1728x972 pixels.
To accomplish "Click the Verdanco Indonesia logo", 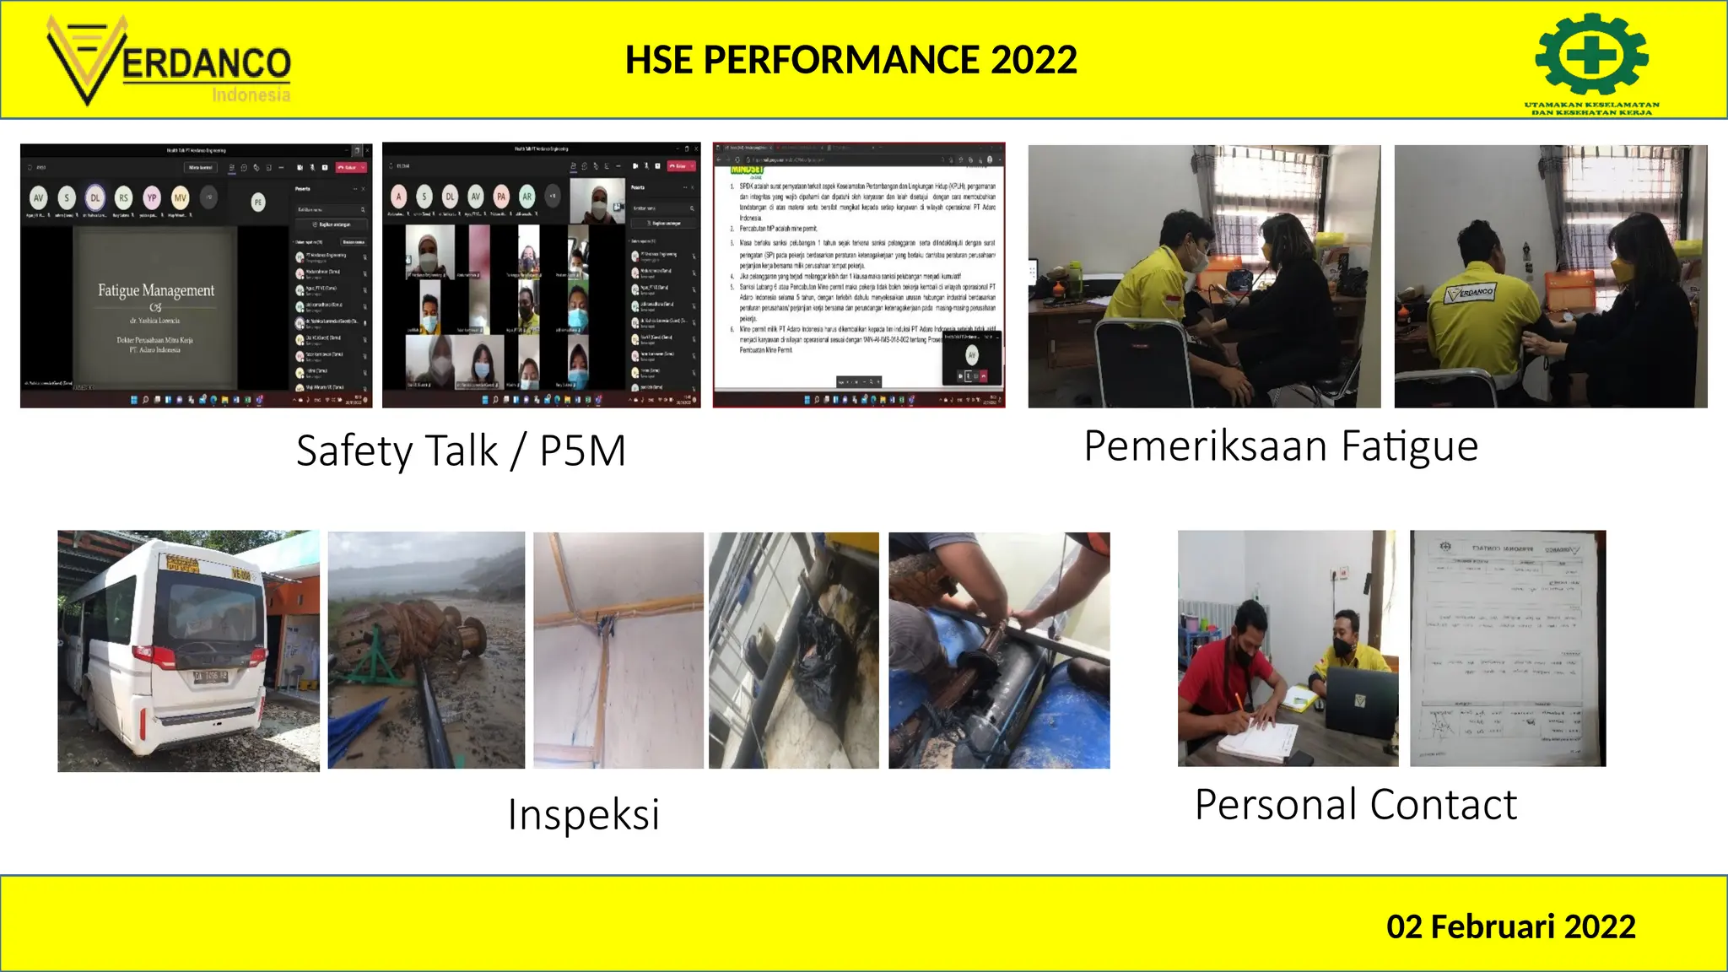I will coord(169,62).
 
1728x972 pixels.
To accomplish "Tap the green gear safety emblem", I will coord(1591,55).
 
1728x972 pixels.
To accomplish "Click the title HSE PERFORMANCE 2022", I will coord(850,60).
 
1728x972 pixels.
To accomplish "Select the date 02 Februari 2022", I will coord(1510,926).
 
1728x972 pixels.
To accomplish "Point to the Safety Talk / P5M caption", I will coord(461,450).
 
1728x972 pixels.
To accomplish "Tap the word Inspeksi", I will coord(583,814).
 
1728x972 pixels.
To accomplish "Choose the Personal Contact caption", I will coord(1355,804).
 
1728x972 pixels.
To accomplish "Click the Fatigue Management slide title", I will coord(156,291).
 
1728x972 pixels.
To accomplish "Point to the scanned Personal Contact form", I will coord(1508,648).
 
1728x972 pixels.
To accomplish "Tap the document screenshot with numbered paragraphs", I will coord(859,275).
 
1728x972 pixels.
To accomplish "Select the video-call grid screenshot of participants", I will coord(541,275).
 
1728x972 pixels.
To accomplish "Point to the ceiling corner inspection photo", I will coord(618,650).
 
